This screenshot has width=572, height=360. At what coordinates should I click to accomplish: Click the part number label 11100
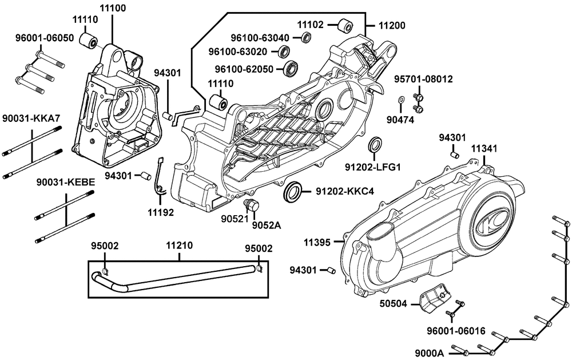[x=113, y=8]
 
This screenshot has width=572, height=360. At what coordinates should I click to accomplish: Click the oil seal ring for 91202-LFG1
[x=375, y=145]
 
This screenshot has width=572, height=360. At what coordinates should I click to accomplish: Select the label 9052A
[x=267, y=225]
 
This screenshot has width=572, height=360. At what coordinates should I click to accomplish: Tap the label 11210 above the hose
[x=179, y=246]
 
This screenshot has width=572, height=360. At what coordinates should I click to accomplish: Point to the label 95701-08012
[x=423, y=78]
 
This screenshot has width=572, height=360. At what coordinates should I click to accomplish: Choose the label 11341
[x=484, y=149]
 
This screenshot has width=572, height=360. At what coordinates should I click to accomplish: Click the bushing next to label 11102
[x=345, y=26]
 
